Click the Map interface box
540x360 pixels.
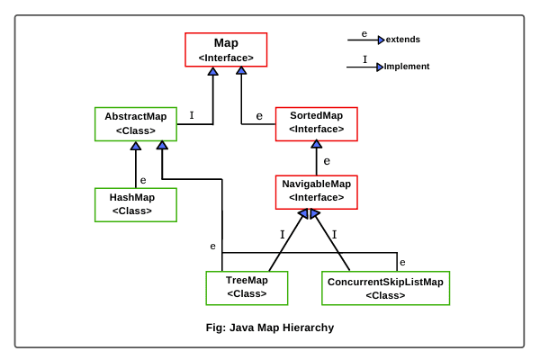coord(226,49)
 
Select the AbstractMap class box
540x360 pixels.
coord(135,124)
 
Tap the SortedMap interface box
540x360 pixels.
coord(316,123)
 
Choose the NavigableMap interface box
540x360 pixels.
coord(316,191)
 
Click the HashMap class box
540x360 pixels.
coord(135,204)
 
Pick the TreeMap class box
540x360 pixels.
coord(247,287)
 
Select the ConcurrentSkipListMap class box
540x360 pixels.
coord(385,288)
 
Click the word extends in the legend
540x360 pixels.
coord(402,40)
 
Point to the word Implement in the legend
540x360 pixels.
coord(406,67)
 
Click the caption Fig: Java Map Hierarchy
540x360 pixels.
coord(270,328)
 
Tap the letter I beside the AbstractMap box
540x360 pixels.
coord(192,115)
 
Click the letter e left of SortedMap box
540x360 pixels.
coord(259,116)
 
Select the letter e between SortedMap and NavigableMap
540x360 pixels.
coord(327,161)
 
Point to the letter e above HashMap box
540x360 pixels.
coord(143,179)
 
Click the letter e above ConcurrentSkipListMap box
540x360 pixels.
coord(402,262)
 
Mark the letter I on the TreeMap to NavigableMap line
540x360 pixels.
coord(282,234)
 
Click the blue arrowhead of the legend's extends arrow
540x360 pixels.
coord(381,40)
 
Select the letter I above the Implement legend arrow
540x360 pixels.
coord(364,59)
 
